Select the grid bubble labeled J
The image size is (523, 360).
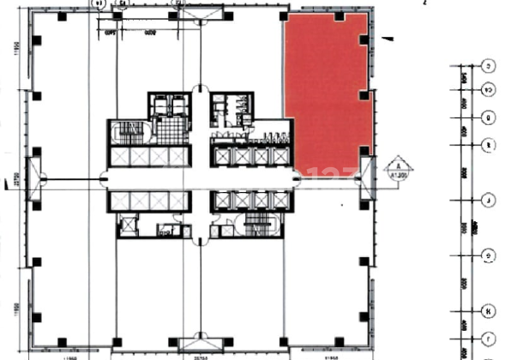(x=488, y=201)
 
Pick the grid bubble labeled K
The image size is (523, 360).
(x=488, y=310)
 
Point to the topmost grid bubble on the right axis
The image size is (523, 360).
(x=488, y=66)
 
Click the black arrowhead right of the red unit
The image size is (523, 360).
(x=388, y=39)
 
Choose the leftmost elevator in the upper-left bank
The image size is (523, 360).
(x=121, y=157)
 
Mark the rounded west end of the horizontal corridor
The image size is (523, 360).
(x=105, y=178)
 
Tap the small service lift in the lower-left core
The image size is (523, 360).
(x=129, y=224)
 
